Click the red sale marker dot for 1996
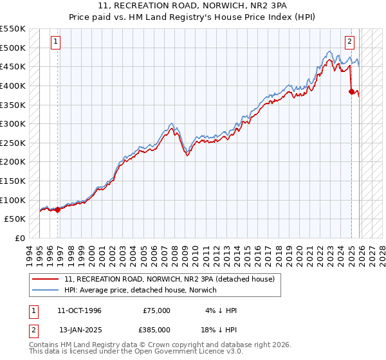tap(58, 209)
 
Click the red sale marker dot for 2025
tap(352, 91)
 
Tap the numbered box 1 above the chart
tap(56, 42)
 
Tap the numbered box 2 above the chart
tap(349, 42)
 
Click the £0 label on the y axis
tap(19, 238)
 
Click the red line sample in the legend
tap(46, 279)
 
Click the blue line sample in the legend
tap(46, 290)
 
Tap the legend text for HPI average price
tap(140, 290)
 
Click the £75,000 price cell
tap(156, 310)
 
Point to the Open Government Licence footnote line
tap(136, 353)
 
